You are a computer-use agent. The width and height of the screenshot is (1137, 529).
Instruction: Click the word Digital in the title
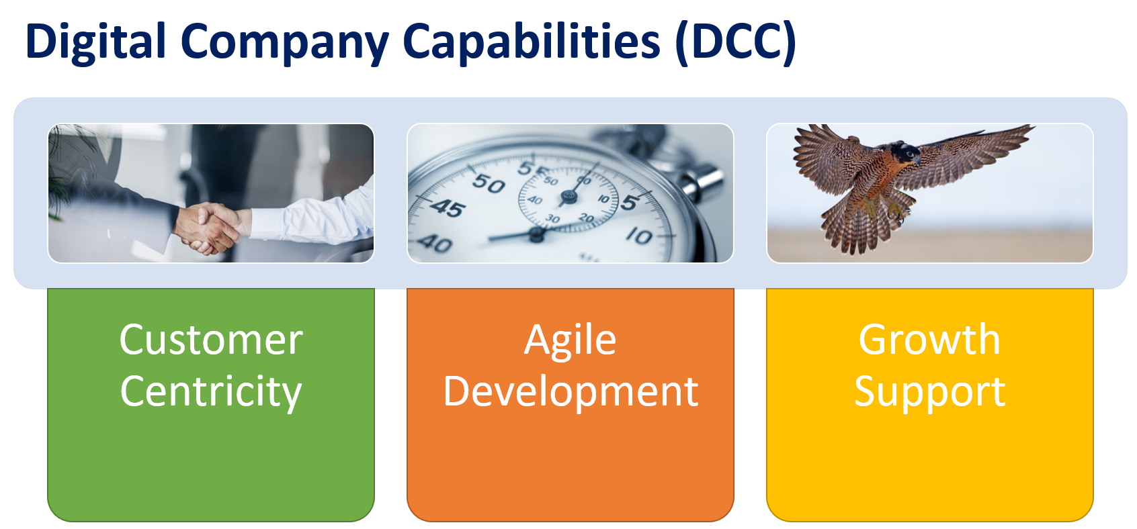95,42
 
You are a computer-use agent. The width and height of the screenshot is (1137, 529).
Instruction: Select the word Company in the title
285,44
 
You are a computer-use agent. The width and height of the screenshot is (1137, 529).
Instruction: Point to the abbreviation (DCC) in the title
736,42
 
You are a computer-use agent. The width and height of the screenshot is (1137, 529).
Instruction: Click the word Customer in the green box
211,340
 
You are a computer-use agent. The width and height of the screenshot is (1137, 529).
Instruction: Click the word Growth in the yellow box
929,339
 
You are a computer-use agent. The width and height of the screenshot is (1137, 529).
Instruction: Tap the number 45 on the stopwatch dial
447,208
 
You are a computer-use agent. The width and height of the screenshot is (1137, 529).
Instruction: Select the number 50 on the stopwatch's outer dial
489,183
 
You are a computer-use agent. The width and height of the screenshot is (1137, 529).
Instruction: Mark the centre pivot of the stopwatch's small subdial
568,197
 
